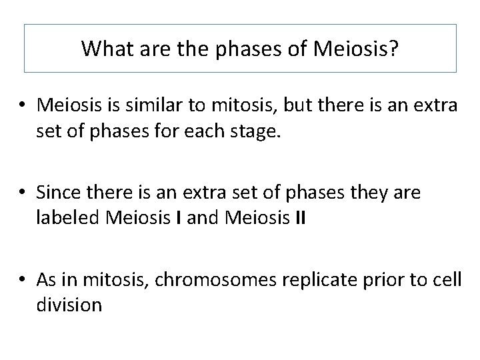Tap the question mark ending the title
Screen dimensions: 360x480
393,48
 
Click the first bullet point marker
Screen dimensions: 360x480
23,105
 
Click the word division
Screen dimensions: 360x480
69,305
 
